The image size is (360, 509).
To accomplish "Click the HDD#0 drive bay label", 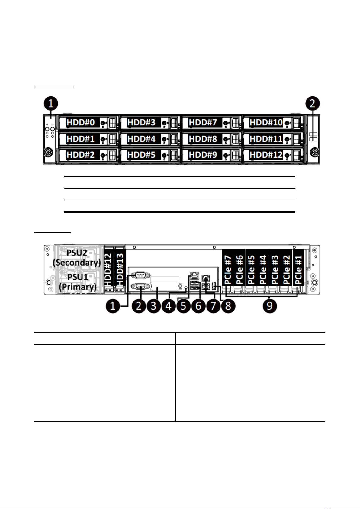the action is pos(80,122).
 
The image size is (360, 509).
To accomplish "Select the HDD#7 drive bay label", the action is pos(203,122).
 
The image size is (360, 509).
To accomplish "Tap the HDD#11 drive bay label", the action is pos(266,139).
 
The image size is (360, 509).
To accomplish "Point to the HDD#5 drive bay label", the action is pos(142,155).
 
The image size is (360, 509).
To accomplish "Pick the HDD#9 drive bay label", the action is pos(203,155).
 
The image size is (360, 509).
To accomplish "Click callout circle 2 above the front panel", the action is pos(313,103).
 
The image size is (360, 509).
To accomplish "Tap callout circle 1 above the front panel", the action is pos(51,103).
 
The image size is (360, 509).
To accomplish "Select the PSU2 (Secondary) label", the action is pos(77,258).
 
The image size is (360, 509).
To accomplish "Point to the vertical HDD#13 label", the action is pos(120,269).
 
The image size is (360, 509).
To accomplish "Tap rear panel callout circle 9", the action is pos(270,306).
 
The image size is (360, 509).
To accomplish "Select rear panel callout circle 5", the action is pos(183,306).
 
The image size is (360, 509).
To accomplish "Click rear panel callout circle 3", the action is pos(153,306).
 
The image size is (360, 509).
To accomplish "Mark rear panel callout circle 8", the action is pos(228,306).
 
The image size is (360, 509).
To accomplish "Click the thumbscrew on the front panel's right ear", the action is pos(315,152).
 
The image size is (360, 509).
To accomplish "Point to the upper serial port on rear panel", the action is pos(141,275).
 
